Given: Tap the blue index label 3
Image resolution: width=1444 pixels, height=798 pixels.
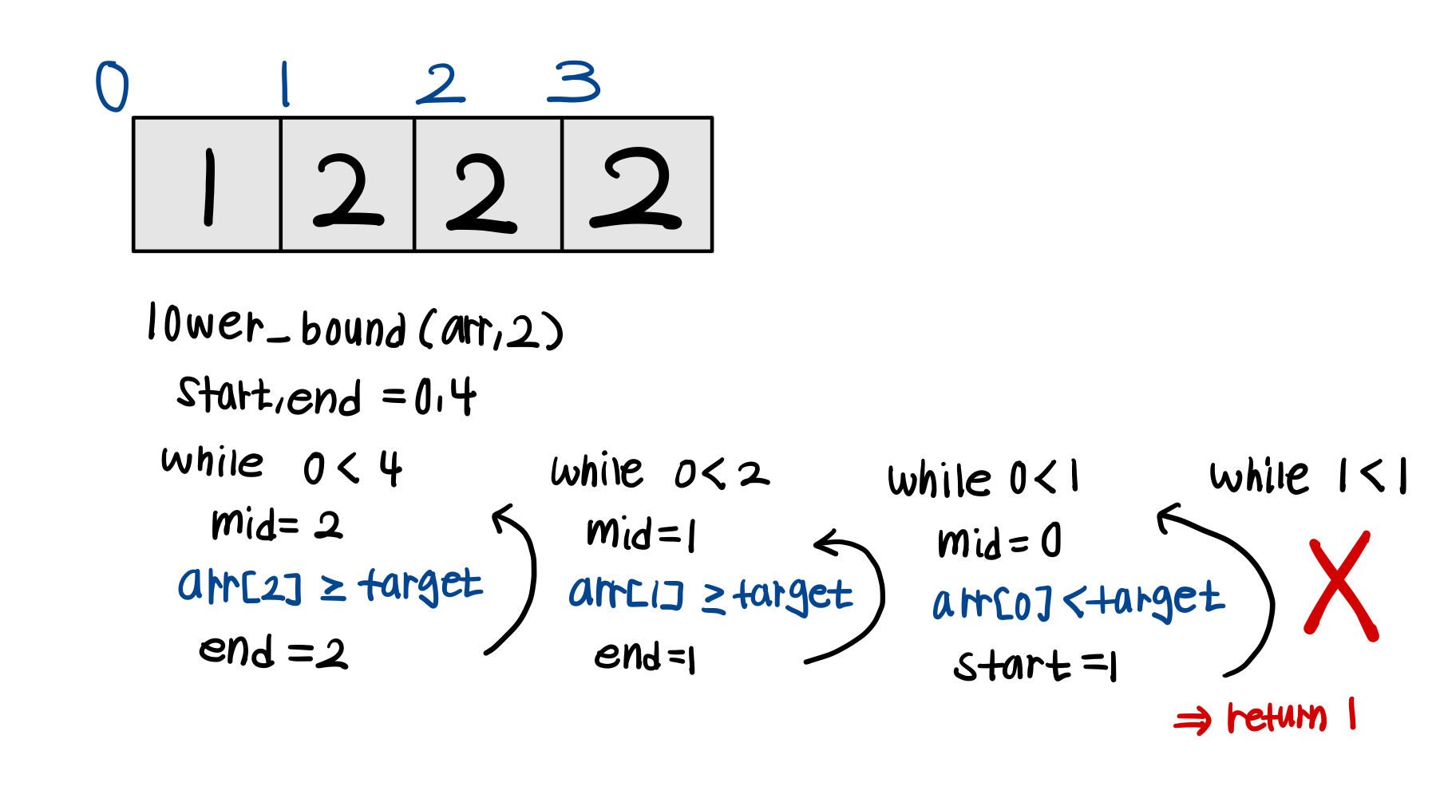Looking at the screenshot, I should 573,82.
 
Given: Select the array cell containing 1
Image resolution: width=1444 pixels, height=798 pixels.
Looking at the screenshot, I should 208,185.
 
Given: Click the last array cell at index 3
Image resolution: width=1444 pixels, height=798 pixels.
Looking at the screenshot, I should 637,185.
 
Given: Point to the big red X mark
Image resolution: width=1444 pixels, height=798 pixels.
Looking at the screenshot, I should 1341,587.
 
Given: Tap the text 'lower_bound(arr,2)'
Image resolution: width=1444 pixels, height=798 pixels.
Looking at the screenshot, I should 354,327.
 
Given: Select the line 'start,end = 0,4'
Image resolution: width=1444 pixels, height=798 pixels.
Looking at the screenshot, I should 326,396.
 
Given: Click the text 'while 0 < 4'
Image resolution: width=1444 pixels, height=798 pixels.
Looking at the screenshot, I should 281,466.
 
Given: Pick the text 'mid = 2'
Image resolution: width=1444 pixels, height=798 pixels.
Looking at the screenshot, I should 276,525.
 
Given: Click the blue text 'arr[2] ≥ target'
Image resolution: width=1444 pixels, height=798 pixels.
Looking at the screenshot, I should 329,585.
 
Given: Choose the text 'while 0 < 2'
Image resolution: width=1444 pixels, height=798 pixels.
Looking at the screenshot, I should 659,472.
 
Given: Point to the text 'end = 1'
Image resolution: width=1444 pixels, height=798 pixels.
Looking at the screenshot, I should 645,658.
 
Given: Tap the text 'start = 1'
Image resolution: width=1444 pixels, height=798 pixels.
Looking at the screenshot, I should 1036,666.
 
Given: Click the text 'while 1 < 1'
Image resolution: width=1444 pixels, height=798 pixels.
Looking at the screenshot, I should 1308,477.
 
